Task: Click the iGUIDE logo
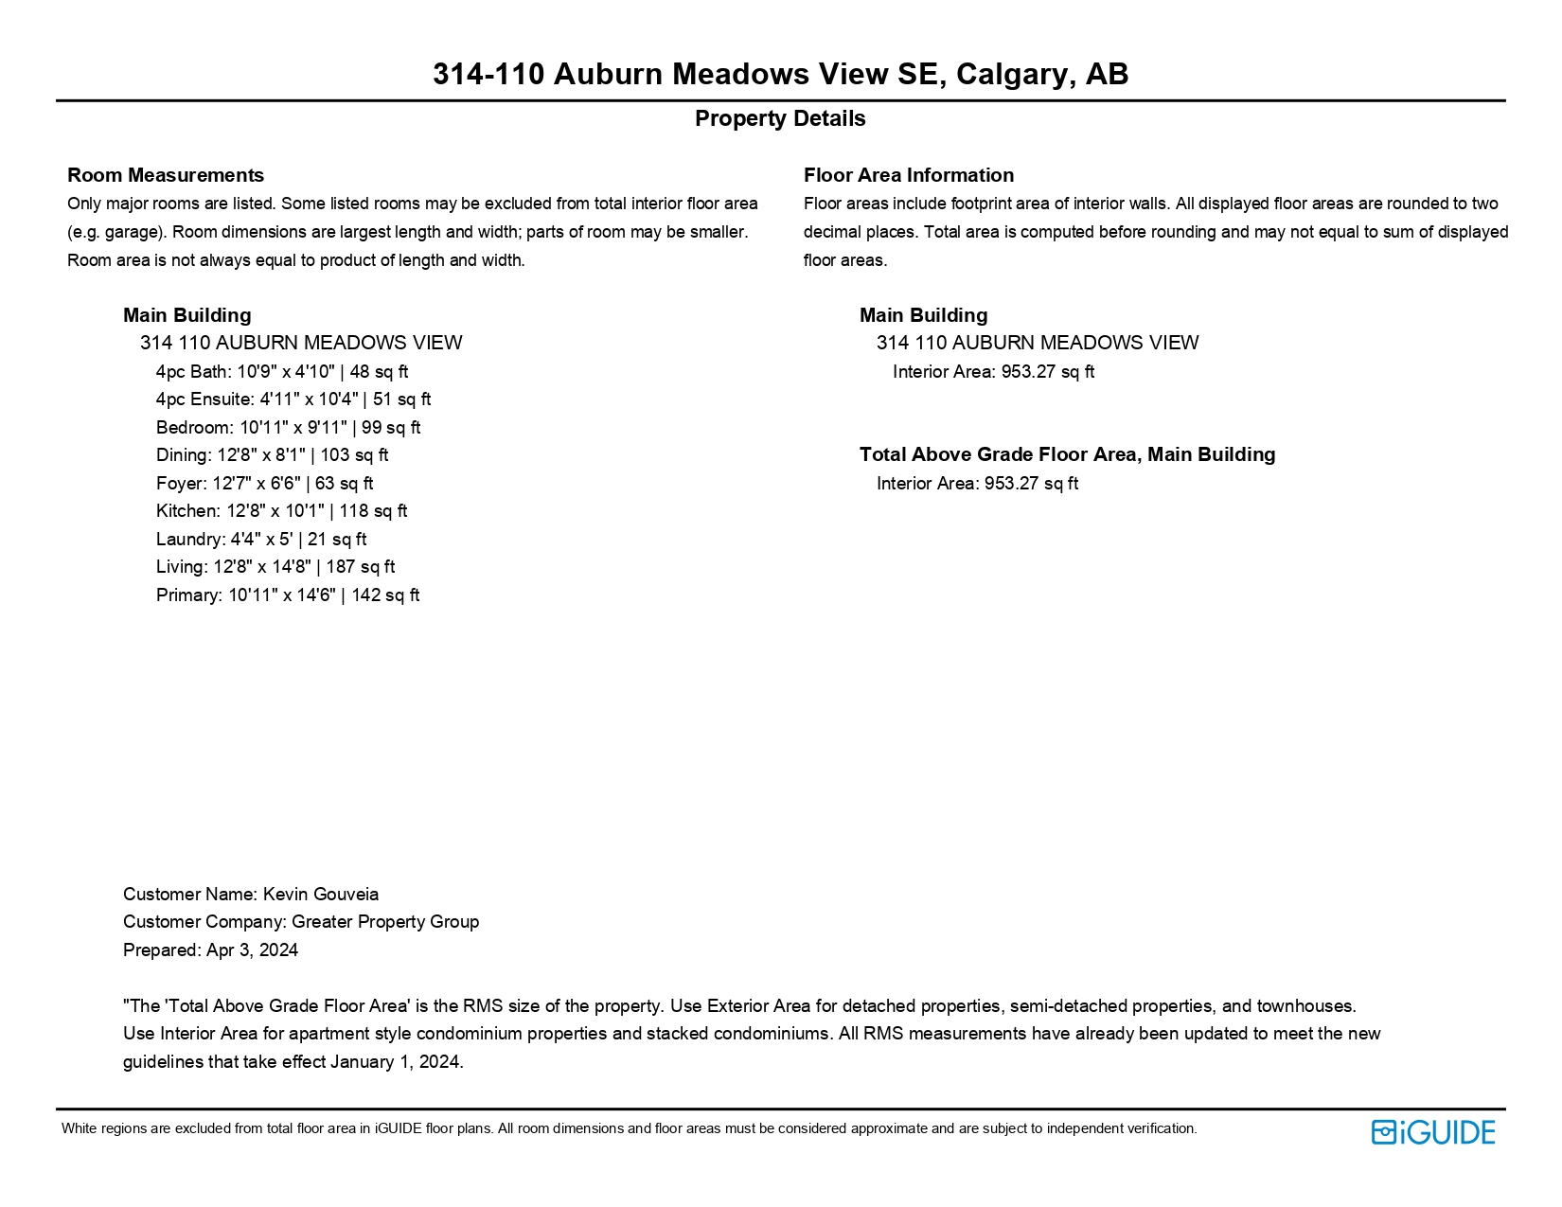(x=1432, y=1132)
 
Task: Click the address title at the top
(x=780, y=74)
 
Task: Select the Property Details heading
(x=780, y=118)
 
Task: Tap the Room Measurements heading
(x=166, y=175)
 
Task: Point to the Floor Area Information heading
(x=908, y=175)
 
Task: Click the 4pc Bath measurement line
(x=282, y=371)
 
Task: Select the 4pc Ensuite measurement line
(x=293, y=399)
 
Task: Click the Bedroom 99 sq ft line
(x=288, y=427)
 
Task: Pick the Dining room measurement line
(x=272, y=455)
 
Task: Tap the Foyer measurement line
(x=264, y=483)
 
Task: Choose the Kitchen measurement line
(x=281, y=511)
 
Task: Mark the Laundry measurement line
(x=261, y=539)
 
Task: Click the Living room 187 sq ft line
(x=275, y=567)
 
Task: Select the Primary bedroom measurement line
(x=288, y=595)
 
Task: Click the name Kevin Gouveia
(x=320, y=894)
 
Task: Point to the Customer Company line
(x=301, y=922)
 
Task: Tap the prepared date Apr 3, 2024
(x=252, y=950)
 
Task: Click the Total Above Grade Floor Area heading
(x=1067, y=454)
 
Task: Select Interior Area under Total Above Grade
(x=977, y=483)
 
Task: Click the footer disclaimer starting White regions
(x=629, y=1128)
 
